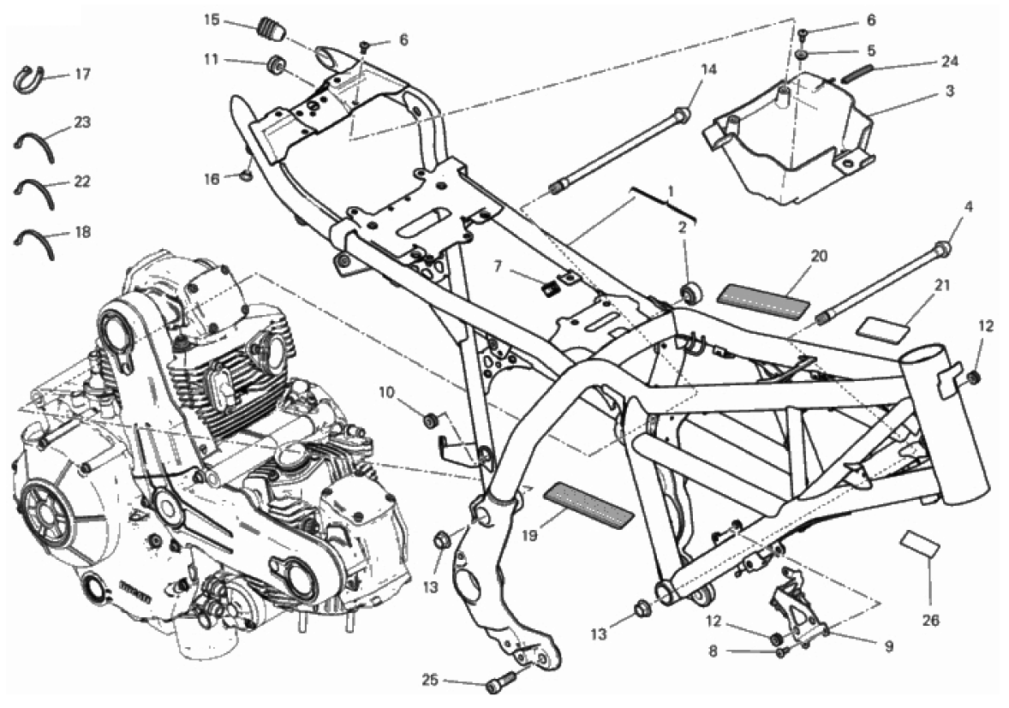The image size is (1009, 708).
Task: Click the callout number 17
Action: [x=82, y=74]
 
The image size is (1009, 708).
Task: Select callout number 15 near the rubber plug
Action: [x=212, y=20]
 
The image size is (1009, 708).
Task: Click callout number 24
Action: [x=950, y=61]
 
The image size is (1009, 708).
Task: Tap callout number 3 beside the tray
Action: [x=950, y=92]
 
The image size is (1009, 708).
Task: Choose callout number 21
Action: [x=942, y=285]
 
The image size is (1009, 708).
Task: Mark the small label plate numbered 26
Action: [x=920, y=544]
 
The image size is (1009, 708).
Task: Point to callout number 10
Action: [x=386, y=392]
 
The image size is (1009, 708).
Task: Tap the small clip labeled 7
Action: [x=549, y=291]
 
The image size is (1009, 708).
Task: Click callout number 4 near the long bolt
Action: [x=969, y=207]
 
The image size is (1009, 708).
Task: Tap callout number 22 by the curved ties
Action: [x=82, y=182]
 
